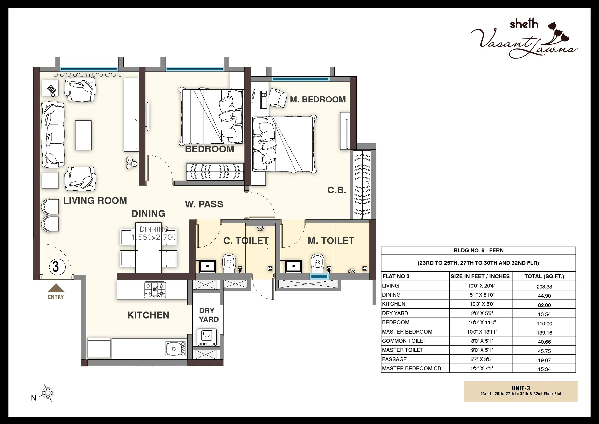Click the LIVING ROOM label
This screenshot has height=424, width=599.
click(95, 200)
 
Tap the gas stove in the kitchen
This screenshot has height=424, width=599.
click(155, 289)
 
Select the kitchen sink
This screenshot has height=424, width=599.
click(175, 349)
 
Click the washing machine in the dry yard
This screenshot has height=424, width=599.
click(207, 337)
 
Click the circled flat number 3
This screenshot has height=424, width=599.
click(56, 267)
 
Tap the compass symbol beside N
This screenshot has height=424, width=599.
click(48, 393)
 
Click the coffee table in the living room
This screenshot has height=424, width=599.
click(83, 135)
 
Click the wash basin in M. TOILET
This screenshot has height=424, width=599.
click(294, 266)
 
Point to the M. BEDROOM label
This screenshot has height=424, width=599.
click(318, 100)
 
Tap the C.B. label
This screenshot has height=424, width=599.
click(337, 190)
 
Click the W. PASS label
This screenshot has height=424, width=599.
click(204, 204)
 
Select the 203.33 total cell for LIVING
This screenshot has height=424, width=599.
click(544, 286)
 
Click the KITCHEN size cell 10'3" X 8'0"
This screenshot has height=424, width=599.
click(481, 304)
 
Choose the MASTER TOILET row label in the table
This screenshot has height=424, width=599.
click(403, 350)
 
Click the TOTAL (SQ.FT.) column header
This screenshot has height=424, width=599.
click(544, 277)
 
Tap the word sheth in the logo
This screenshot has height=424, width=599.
click(524, 24)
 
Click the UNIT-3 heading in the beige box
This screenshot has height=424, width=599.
click(521, 388)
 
